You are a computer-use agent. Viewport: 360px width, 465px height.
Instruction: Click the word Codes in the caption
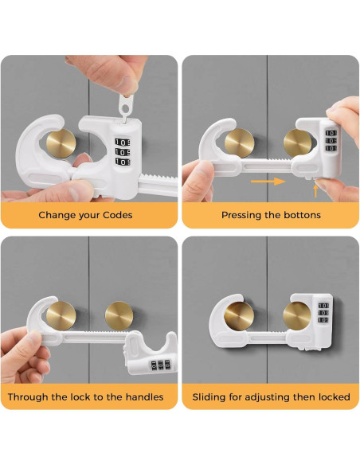pyautogui.click(x=118, y=215)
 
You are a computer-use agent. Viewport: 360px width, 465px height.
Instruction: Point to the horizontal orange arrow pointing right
pyautogui.click(x=268, y=182)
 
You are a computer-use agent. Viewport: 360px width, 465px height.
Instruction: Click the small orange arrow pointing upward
pyautogui.click(x=316, y=191)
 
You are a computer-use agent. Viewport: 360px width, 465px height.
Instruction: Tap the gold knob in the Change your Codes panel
pyautogui.click(x=61, y=143)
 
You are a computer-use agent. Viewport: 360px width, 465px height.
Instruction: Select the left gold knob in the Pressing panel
pyautogui.click(x=239, y=143)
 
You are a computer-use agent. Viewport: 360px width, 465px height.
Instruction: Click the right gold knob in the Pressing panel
pyautogui.click(x=297, y=143)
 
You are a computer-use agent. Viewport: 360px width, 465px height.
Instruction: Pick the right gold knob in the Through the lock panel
pyautogui.click(x=119, y=315)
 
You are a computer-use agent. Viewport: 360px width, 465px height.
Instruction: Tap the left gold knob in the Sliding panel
pyautogui.click(x=239, y=316)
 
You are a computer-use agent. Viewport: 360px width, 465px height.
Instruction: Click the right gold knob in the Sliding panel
pyautogui.click(x=297, y=315)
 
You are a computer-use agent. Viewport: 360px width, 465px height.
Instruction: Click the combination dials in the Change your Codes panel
pyautogui.click(x=123, y=152)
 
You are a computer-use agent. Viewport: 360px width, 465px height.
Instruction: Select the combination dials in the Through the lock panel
pyautogui.click(x=160, y=365)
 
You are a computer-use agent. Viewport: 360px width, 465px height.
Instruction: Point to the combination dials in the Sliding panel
pyautogui.click(x=323, y=313)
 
